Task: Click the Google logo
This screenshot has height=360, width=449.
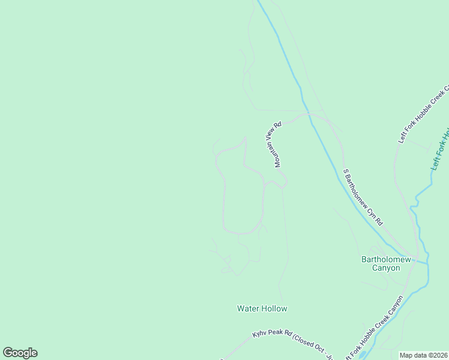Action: [x=20, y=353]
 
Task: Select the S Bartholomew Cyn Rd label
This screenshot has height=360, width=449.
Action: [x=363, y=196]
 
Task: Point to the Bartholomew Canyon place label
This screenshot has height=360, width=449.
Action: [x=386, y=263]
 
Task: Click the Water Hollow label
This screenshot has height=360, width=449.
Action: [x=262, y=308]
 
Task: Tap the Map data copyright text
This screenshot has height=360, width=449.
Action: [x=424, y=355]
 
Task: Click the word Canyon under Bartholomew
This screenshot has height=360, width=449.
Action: [x=386, y=268]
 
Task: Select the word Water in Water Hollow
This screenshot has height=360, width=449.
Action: [x=249, y=308]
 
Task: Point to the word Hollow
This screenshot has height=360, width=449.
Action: [x=274, y=308]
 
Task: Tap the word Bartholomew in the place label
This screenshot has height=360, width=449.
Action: [x=386, y=259]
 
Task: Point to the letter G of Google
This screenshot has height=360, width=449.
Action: [x=8, y=353]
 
